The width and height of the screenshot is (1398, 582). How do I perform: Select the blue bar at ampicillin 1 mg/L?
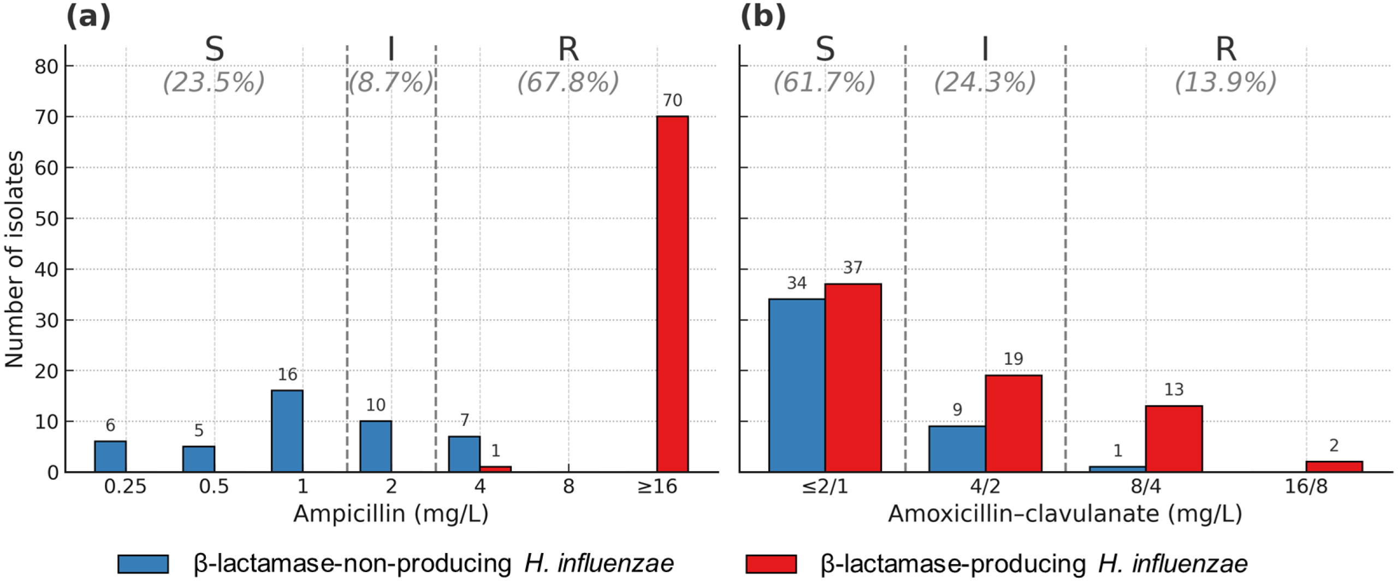(287, 431)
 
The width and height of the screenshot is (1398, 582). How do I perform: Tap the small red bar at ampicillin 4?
(495, 469)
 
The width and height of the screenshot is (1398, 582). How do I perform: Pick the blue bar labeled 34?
(797, 385)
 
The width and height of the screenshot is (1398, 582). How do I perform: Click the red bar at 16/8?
(1334, 466)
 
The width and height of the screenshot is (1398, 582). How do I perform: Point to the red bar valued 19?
(1013, 423)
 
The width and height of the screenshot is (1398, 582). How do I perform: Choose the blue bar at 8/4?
(1117, 469)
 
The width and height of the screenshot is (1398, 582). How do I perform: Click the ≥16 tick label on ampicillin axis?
(657, 486)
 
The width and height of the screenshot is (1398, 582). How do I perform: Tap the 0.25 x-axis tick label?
(126, 486)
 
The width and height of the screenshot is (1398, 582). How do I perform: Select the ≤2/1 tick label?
(825, 486)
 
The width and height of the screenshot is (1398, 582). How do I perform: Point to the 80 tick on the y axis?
(46, 67)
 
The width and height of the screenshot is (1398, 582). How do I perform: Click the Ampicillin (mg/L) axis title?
(391, 514)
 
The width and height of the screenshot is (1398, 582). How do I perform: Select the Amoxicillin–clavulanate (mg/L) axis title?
(1065, 514)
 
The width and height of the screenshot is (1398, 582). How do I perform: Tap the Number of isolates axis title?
(15, 259)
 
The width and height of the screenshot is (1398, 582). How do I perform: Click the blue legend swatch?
(143, 564)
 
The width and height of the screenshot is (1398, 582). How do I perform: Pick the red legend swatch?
(771, 564)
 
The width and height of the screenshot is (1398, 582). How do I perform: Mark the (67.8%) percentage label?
(568, 82)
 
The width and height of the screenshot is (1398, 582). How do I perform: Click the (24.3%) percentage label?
(985, 82)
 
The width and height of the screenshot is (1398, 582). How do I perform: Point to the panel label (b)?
(763, 16)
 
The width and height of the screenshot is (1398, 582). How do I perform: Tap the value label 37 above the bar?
(852, 268)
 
